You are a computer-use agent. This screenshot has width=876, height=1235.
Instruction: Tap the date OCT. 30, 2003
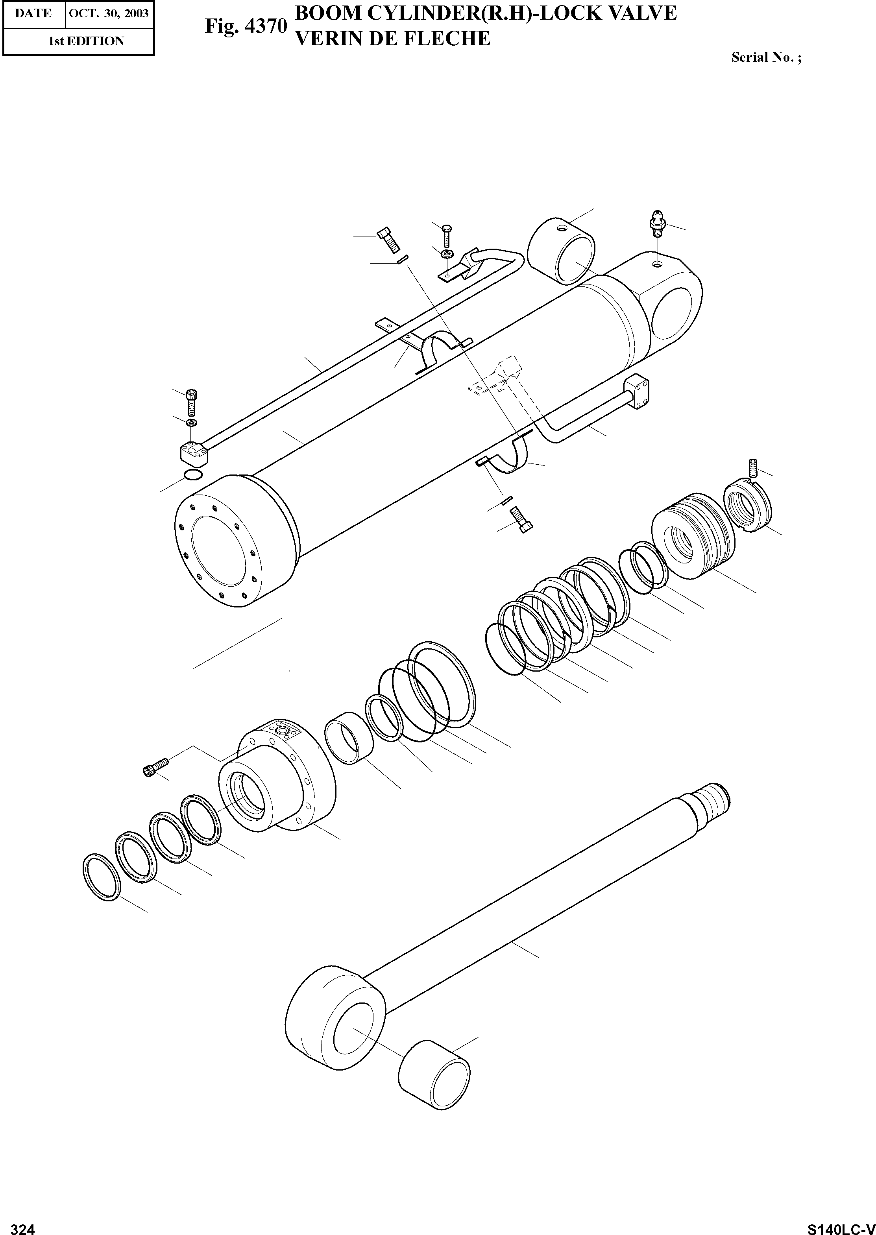click(109, 13)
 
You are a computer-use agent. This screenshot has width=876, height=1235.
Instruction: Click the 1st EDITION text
click(86, 41)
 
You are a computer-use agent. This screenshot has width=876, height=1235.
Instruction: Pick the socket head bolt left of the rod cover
click(156, 767)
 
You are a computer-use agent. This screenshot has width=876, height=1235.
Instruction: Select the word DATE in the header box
click(33, 13)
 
